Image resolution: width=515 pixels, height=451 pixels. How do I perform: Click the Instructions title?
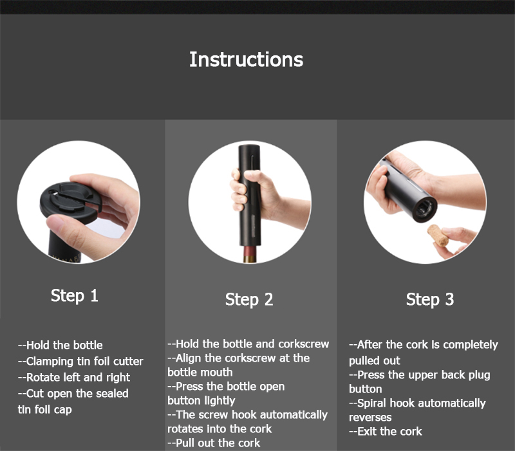(247, 59)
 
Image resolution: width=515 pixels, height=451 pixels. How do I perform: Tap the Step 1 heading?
(75, 295)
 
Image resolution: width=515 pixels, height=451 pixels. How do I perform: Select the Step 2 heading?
(249, 299)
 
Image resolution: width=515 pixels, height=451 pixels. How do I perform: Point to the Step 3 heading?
(430, 299)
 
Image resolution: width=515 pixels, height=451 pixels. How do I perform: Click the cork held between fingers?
(438, 235)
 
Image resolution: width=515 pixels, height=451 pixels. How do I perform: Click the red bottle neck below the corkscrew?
(251, 253)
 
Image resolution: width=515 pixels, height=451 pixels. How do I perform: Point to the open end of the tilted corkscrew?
(425, 210)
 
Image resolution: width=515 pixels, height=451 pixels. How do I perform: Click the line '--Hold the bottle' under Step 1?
(60, 345)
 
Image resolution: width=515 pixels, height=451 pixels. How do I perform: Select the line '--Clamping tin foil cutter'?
(80, 362)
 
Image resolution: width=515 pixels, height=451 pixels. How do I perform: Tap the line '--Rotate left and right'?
(74, 378)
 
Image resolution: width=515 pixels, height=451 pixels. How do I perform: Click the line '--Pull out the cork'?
(214, 443)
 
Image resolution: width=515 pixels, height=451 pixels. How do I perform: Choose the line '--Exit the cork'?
(385, 431)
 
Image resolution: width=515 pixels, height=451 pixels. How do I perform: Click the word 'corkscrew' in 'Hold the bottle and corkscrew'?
(303, 344)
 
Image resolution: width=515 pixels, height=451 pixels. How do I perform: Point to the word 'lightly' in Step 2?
(218, 401)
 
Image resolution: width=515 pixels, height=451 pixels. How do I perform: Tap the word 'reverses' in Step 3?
(370, 418)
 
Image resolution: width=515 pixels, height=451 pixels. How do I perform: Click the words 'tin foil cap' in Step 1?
(44, 410)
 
